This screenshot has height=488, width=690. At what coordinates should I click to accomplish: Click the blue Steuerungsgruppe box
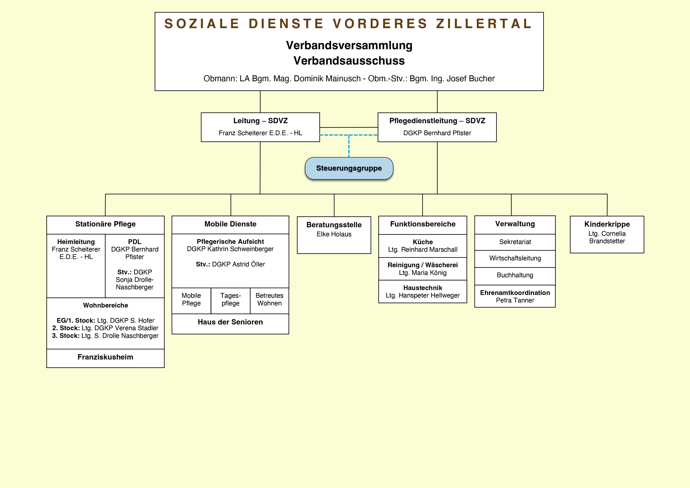tap(349, 168)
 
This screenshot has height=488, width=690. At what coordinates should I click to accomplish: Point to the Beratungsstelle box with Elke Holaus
tap(334, 235)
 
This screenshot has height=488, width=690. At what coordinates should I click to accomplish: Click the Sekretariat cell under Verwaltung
tap(515, 242)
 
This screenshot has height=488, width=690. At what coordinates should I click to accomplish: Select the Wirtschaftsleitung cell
tap(515, 258)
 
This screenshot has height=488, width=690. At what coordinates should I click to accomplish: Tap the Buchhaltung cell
tap(515, 275)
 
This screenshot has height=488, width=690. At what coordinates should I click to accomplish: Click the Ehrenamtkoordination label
tap(515, 293)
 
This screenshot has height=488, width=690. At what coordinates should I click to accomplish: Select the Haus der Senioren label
tap(230, 322)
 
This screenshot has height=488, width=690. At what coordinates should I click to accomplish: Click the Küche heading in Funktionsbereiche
tap(423, 242)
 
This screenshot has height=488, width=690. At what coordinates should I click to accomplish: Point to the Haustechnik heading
tap(423, 288)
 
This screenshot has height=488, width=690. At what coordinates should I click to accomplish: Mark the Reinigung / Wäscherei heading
tap(423, 265)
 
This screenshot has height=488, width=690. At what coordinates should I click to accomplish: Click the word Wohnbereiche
tap(105, 305)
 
